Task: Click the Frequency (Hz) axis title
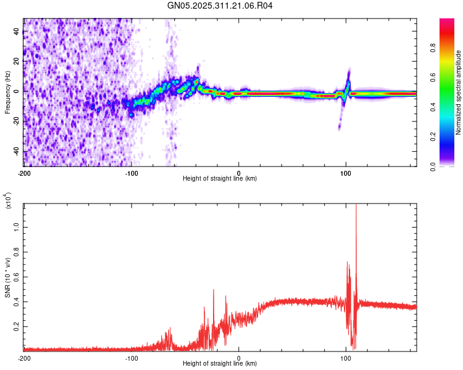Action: point(8,92)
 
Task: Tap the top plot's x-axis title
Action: point(220,178)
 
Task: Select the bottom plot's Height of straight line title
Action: point(220,363)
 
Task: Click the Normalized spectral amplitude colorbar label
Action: point(459,92)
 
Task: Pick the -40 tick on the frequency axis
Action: point(15,151)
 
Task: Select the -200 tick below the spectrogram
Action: point(24,173)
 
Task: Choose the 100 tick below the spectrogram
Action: point(346,173)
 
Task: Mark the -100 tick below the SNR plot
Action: point(131,358)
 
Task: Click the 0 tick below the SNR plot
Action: point(239,358)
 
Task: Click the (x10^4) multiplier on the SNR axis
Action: point(9,201)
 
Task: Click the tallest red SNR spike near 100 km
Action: point(356,207)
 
